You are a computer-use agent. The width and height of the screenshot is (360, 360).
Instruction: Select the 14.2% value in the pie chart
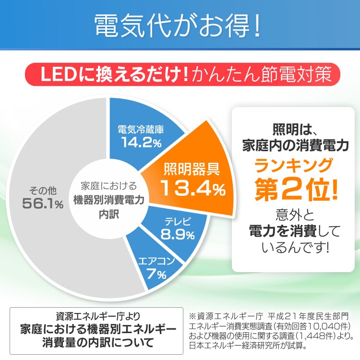click(141, 142)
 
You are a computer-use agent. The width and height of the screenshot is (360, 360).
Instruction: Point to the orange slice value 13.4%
click(192, 188)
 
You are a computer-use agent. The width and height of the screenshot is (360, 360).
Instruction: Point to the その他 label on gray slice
click(42, 190)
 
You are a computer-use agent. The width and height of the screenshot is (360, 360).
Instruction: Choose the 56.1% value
click(42, 204)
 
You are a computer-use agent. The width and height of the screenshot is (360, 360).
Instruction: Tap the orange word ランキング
click(293, 166)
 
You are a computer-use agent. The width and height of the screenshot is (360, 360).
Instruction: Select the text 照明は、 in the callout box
click(293, 130)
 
